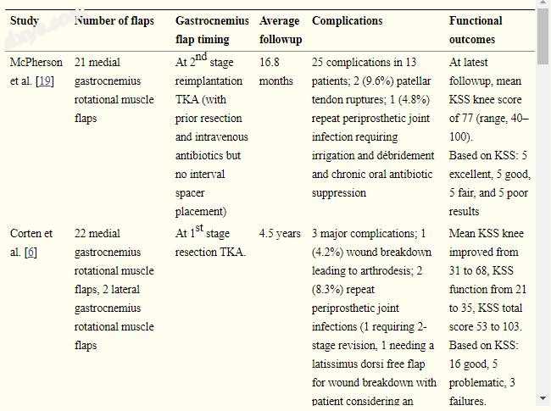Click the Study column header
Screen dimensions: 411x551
point(25,20)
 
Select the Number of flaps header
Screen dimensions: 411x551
point(114,20)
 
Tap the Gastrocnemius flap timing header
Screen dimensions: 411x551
point(212,30)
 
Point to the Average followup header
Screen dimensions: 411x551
point(281,30)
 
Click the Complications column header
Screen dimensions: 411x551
point(347,20)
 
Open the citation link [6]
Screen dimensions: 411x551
point(31,253)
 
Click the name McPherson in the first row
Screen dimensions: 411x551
point(36,63)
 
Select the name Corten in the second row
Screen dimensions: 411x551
point(29,234)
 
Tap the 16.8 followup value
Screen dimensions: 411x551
point(270,63)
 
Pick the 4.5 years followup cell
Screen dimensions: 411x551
point(280,234)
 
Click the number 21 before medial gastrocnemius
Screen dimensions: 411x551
point(81,63)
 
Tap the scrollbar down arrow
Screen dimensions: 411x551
point(543,397)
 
